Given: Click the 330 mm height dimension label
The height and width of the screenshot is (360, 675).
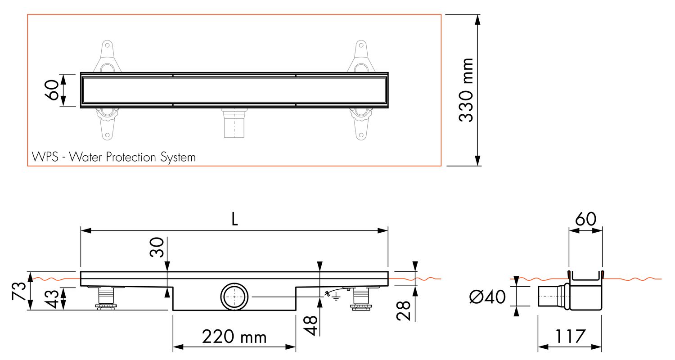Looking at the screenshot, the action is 466,90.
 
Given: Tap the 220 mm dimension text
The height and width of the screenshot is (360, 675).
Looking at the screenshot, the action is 234,337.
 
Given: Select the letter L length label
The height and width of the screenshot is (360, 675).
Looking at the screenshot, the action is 234,219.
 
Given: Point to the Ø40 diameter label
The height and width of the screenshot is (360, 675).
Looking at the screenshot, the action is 487,297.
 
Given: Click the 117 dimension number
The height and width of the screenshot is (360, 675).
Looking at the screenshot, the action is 570,337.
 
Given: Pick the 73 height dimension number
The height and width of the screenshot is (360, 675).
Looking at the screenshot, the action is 19,291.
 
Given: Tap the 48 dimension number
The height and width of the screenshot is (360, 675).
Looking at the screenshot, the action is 310,325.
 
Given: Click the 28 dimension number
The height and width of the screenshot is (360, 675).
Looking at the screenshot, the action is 403,310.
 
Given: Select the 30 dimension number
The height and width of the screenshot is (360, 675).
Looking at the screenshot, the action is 157,247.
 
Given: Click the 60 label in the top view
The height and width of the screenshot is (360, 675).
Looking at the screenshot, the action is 52,90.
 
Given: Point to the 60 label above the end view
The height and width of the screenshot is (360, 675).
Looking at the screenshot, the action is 585,219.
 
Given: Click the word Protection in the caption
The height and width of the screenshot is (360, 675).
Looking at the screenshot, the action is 131,157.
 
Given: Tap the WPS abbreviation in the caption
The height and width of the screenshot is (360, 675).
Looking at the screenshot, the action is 45,157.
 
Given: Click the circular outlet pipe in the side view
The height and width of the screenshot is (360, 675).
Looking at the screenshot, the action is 234,297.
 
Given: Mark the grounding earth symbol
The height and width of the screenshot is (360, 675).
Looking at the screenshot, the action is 335,297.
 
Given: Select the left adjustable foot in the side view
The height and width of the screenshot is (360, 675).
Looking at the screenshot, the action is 106,298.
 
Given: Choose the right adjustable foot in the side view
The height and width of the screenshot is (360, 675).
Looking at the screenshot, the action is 361,298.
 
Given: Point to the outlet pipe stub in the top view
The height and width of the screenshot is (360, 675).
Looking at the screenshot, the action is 234,123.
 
